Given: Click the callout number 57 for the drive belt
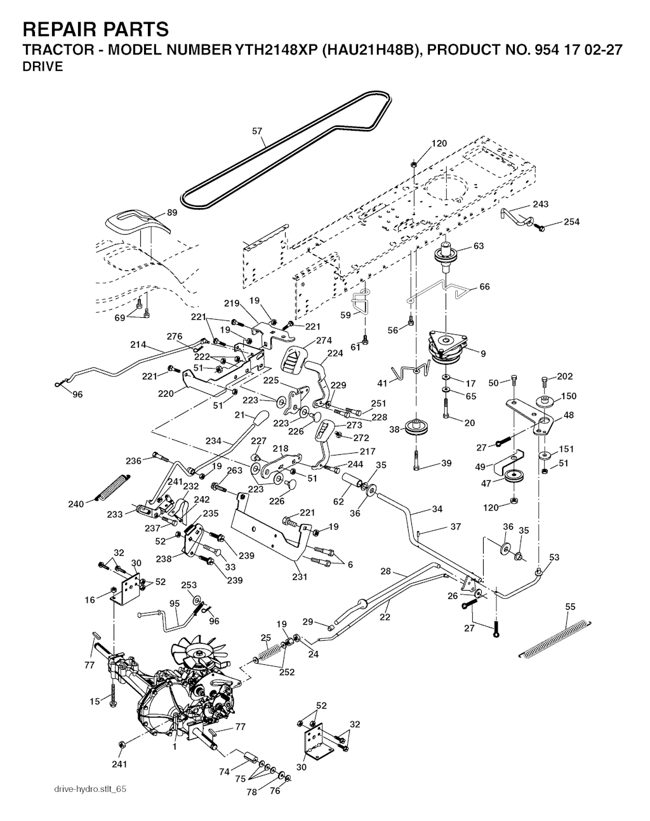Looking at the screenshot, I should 257,132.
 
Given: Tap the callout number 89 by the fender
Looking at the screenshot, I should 172,213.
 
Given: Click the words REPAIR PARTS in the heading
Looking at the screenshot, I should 95,29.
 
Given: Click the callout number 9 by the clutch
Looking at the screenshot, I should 483,353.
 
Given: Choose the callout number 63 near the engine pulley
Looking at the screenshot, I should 479,246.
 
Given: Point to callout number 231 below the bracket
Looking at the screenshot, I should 299,577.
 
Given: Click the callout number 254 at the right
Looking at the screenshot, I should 572,222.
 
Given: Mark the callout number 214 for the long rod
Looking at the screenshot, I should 138,345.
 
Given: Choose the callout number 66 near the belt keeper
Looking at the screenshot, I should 484,287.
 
